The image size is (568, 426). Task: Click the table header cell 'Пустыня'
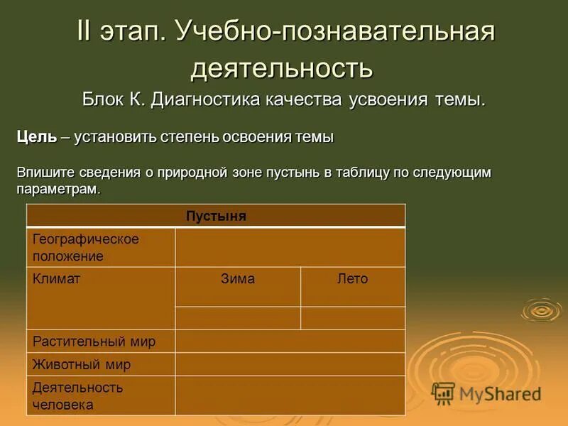[x=216, y=216]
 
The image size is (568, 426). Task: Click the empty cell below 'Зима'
[x=238, y=317]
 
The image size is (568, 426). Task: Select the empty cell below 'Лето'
[x=352, y=317]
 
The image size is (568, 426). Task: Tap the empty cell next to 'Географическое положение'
[x=290, y=247]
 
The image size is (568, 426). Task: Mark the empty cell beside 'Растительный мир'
[x=290, y=341]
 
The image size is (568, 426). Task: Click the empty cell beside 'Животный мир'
[x=290, y=364]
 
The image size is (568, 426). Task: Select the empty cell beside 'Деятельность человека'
[x=290, y=395]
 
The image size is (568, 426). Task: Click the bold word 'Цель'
[x=36, y=137]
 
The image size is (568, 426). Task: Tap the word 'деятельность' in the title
[x=282, y=68]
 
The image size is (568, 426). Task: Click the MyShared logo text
[x=499, y=393]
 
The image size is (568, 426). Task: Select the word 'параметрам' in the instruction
[x=57, y=190]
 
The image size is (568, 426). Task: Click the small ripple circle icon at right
[x=541, y=310]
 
